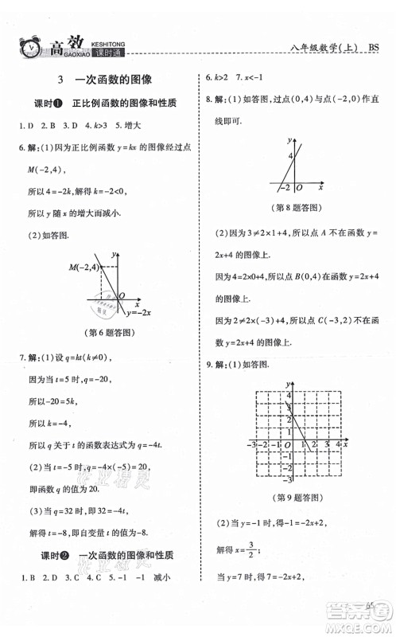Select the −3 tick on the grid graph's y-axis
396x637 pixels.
(x=290, y=479)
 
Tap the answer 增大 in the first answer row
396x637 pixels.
(x=148, y=126)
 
